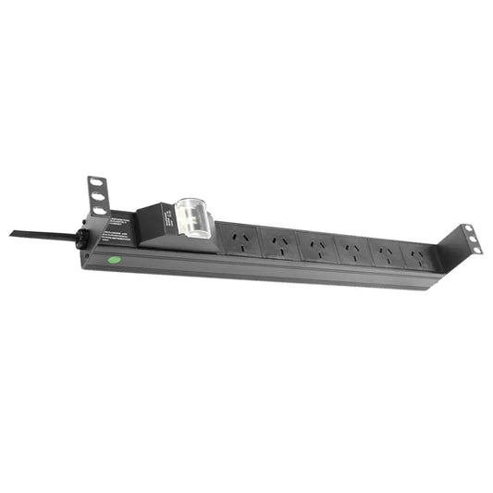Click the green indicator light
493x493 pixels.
[x=114, y=259]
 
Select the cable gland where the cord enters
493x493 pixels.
[x=82, y=238]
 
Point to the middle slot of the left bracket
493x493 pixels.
[x=95, y=196]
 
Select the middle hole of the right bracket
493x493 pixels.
[x=472, y=239]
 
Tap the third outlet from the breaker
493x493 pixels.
[x=315, y=247]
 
